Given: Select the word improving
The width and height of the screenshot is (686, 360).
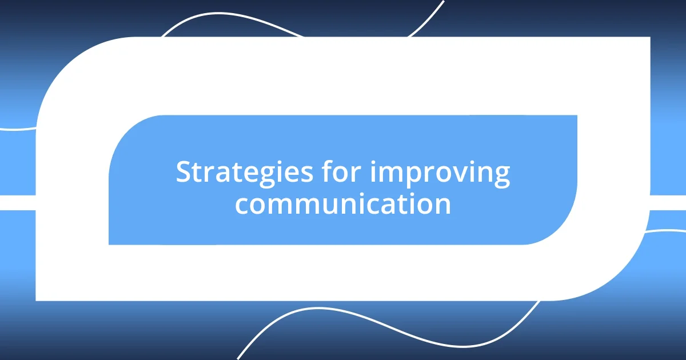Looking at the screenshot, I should (x=440, y=174).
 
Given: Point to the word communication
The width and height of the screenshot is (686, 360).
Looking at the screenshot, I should (x=343, y=205).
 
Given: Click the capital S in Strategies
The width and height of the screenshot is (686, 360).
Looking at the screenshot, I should (x=183, y=173).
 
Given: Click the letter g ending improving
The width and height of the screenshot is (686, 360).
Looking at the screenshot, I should (x=501, y=176).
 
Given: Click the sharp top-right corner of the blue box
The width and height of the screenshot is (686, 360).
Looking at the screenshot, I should (x=576, y=116).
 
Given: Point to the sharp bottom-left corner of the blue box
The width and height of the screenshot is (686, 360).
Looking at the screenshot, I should (x=110, y=243).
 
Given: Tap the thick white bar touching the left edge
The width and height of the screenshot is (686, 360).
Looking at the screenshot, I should (x=17, y=203).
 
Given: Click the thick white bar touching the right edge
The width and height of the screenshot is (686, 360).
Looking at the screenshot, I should (x=669, y=203).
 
